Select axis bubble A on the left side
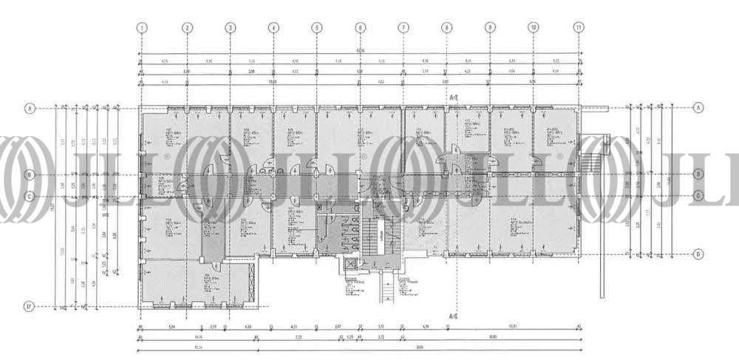click(30, 108)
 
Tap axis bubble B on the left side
click(30, 175)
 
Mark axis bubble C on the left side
click(30, 197)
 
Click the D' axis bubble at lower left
click(30, 306)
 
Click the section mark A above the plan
click(452, 97)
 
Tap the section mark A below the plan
click(452, 316)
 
